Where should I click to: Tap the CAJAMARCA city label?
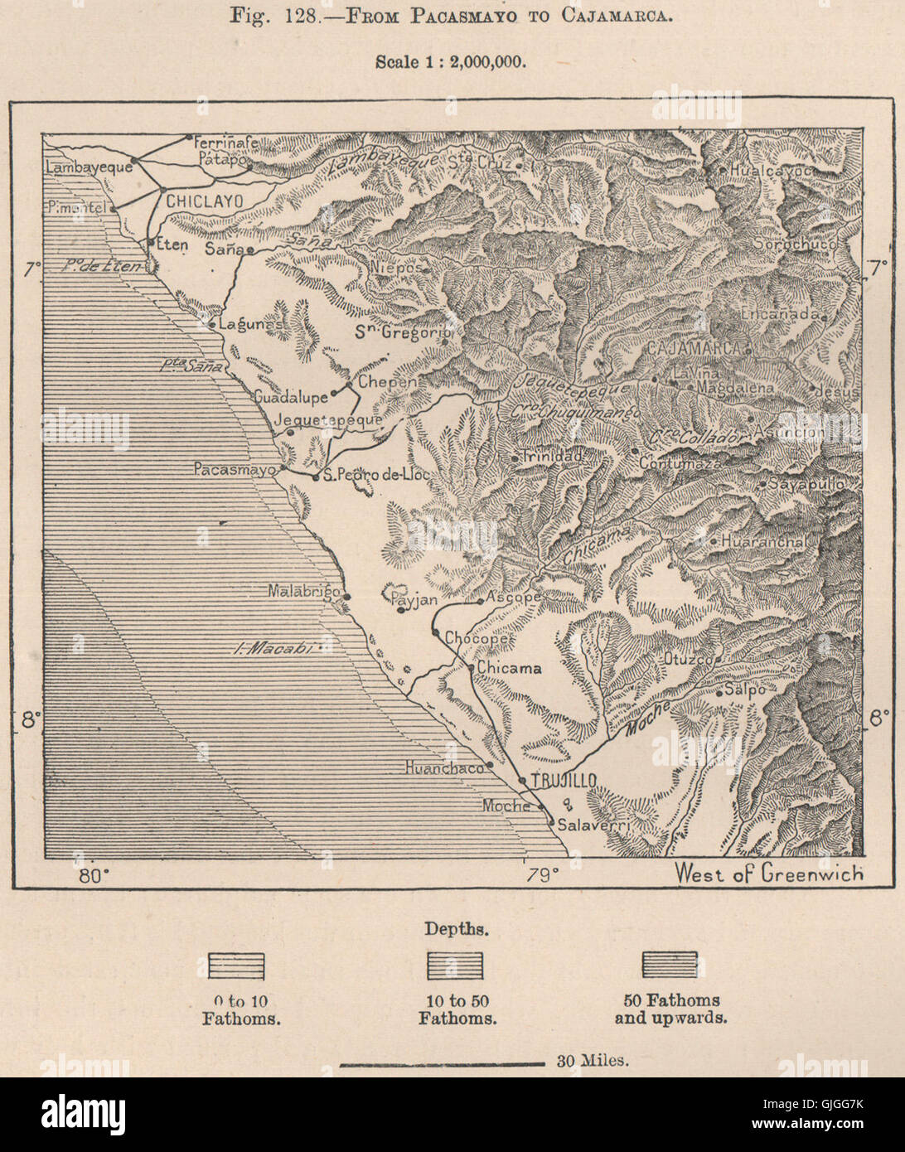tap(694, 349)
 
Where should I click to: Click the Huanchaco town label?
tap(443, 768)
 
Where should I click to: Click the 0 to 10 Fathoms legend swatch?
tap(236, 966)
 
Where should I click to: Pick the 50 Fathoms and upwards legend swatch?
tap(670, 965)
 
